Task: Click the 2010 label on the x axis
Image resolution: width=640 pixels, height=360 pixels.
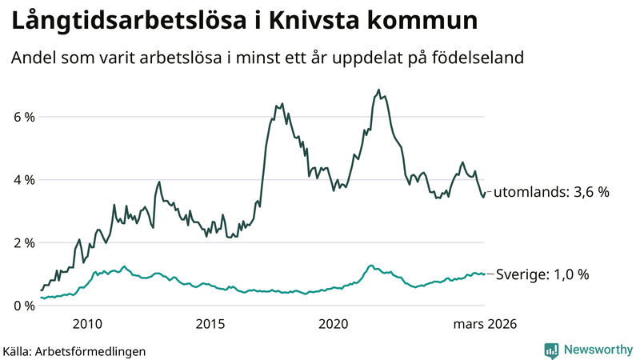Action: (x=87, y=324)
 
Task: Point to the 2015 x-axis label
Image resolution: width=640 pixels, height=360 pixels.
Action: (x=210, y=324)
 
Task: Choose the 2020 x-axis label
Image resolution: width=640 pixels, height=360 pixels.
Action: (x=334, y=324)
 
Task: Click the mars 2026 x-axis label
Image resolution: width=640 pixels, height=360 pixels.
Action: (x=485, y=324)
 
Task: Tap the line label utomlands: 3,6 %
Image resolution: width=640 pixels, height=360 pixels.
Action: (x=551, y=193)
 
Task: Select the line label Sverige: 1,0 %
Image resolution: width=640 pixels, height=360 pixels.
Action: (x=542, y=274)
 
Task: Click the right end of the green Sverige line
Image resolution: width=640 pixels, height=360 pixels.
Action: (x=484, y=274)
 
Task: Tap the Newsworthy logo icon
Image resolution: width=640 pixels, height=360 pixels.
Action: (x=551, y=350)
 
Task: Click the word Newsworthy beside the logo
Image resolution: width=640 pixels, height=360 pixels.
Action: (x=597, y=350)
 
